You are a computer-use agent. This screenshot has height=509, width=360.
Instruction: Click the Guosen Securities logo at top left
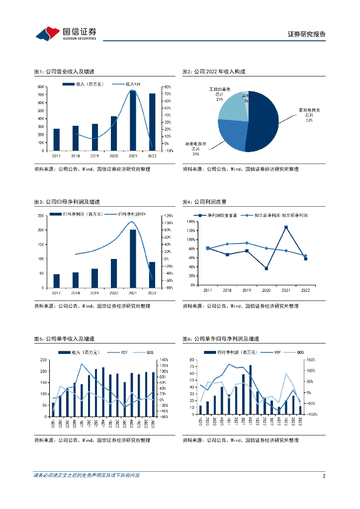[x=66, y=33]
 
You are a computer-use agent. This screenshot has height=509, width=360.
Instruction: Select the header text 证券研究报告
[x=307, y=34]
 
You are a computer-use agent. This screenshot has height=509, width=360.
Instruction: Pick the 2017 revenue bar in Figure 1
[x=56, y=140]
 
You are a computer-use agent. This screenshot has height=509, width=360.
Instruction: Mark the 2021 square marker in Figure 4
[x=286, y=228]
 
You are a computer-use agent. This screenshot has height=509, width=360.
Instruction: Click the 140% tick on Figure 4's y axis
[x=190, y=221]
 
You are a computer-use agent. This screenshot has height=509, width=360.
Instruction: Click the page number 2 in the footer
[x=324, y=476]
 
